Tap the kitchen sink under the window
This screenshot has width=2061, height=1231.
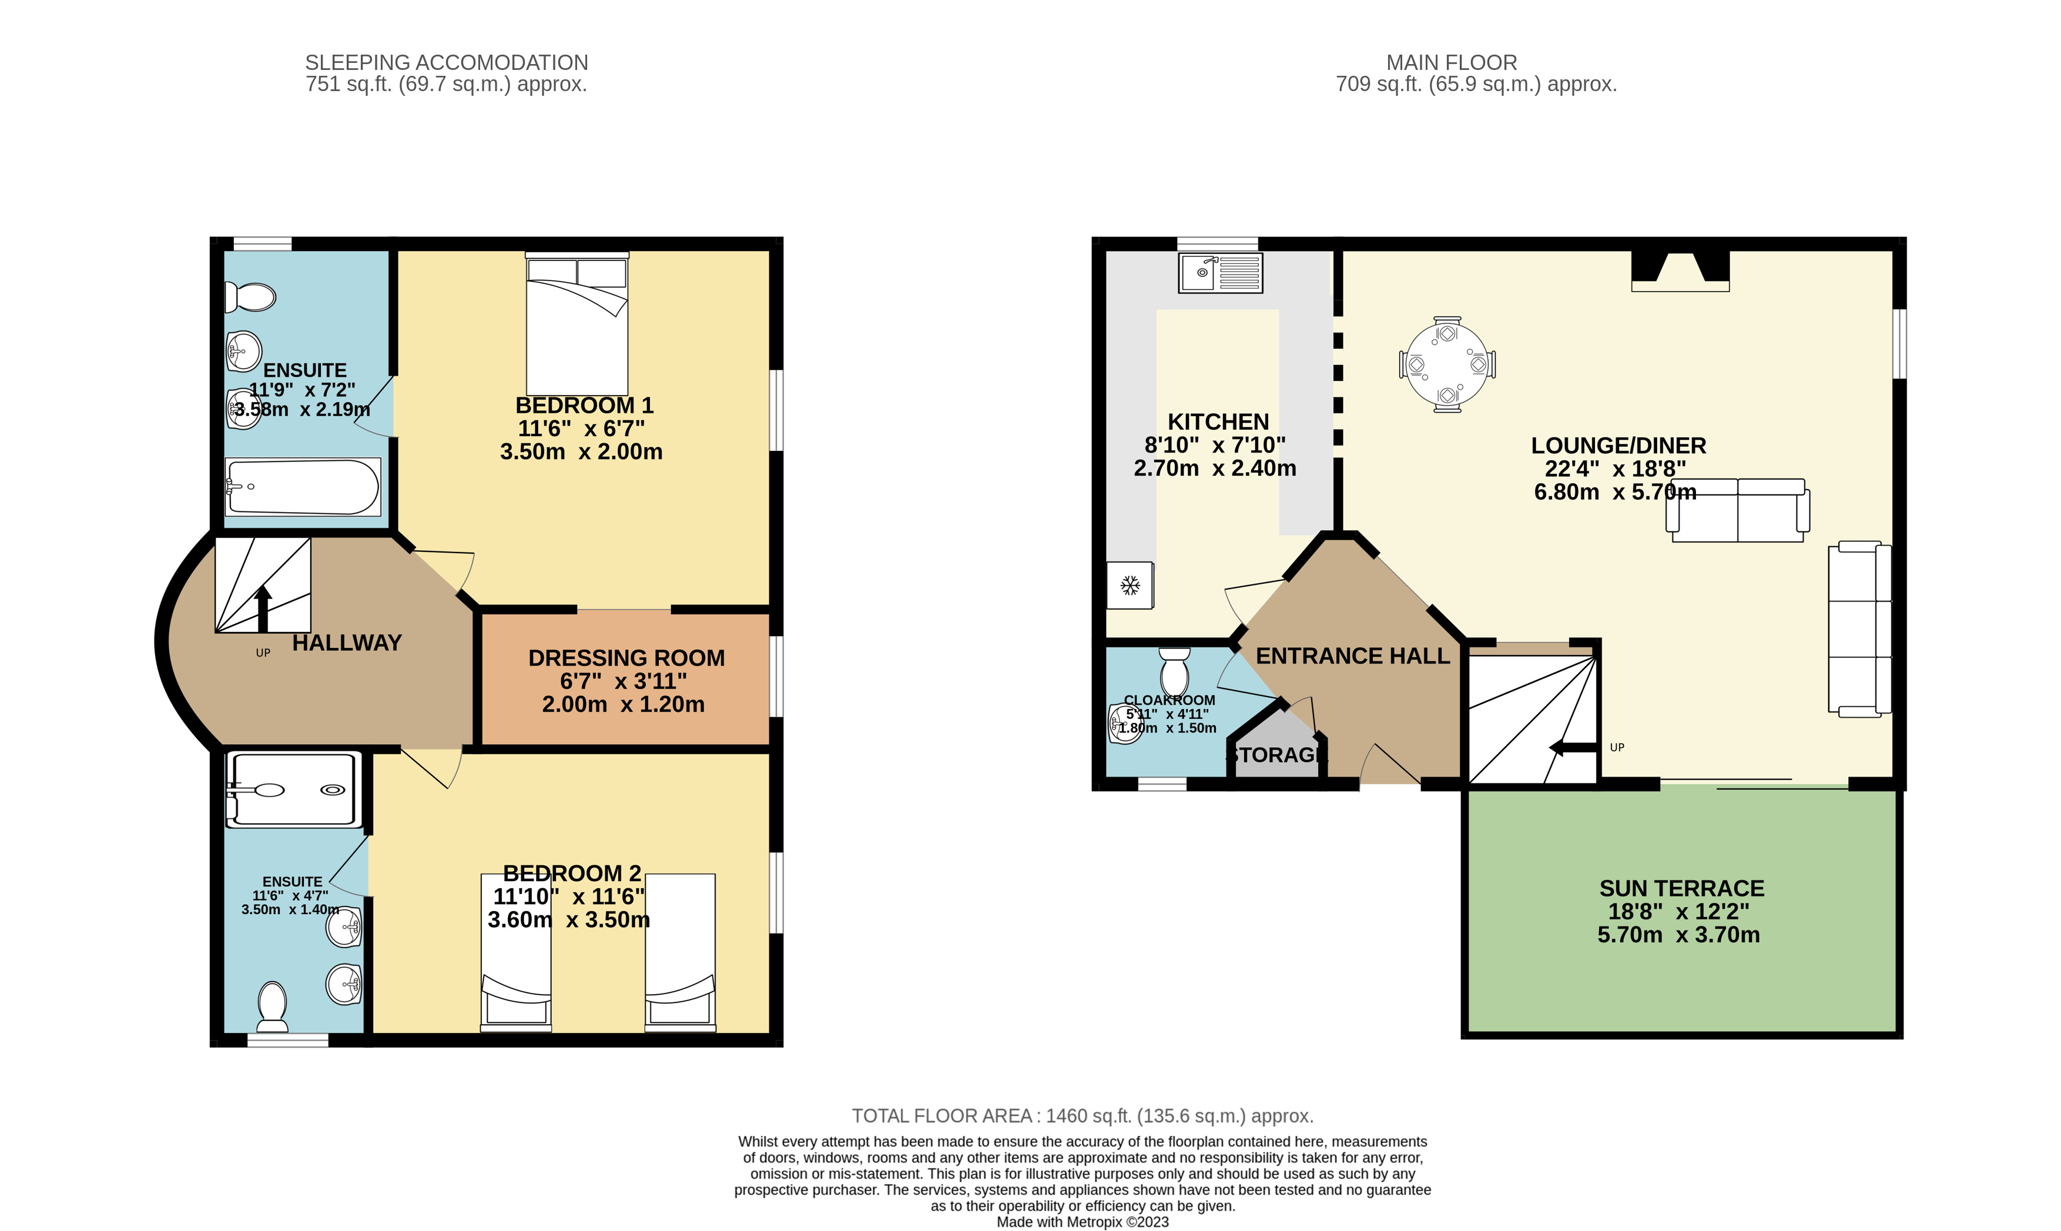[1219, 272]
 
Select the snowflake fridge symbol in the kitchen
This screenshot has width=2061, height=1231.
[1129, 586]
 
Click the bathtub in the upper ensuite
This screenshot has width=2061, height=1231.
[303, 487]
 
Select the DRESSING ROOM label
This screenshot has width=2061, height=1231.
[626, 658]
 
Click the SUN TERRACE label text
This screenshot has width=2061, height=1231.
[1681, 888]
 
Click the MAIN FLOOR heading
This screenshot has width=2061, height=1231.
[1452, 63]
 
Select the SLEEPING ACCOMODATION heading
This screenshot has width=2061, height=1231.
[446, 63]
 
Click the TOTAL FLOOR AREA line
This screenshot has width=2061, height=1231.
[1082, 1116]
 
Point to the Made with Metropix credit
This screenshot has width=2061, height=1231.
[1082, 1222]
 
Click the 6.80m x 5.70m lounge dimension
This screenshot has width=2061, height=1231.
[1614, 492]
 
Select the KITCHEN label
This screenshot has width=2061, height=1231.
[1218, 422]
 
